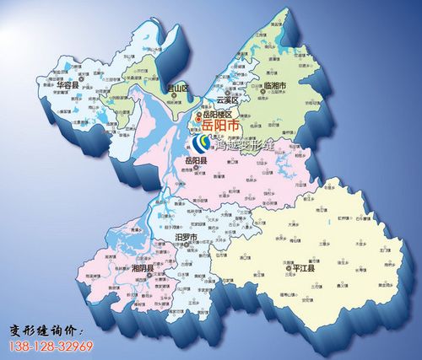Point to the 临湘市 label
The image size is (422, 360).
pos(274,86)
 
